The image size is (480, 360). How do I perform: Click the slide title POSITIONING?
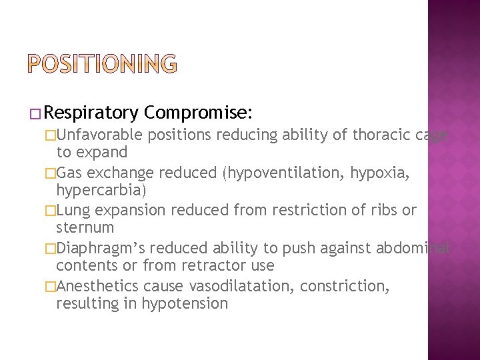(x=103, y=63)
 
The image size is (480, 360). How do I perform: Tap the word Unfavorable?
(x=100, y=135)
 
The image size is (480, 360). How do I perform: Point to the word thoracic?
(x=371, y=135)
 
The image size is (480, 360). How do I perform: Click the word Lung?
(x=72, y=211)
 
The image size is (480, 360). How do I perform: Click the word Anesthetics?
(x=96, y=286)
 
